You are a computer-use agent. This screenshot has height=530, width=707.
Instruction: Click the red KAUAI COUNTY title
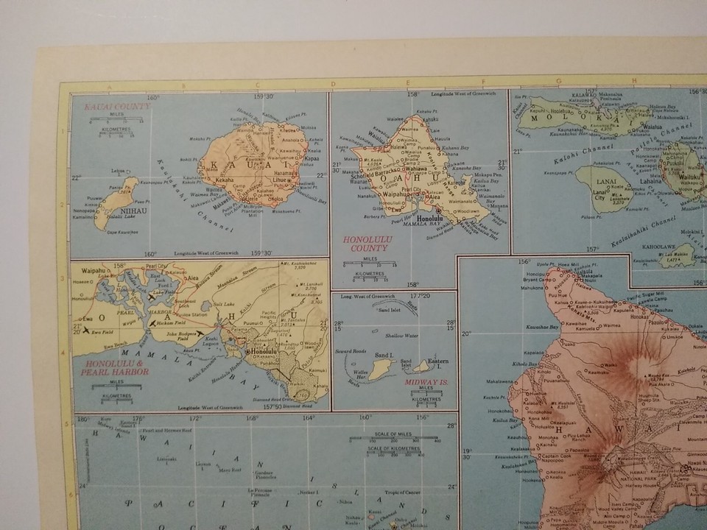pos(118,106)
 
